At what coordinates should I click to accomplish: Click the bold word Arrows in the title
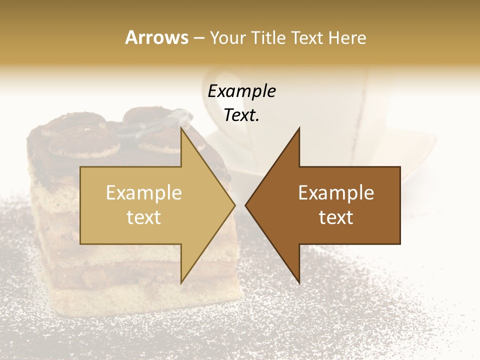[x=156, y=37]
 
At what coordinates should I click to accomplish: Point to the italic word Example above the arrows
[x=241, y=91]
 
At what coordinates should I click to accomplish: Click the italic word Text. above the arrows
[x=241, y=115]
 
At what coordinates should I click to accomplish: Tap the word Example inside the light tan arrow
[x=144, y=193]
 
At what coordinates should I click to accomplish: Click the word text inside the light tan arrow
[x=144, y=217]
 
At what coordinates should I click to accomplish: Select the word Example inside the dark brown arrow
[x=336, y=193]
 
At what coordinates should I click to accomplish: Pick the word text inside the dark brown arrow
[x=336, y=217]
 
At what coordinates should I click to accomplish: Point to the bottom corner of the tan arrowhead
[x=181, y=283]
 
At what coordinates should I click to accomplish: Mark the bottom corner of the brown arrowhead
[x=299, y=283]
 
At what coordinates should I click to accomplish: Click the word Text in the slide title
[x=307, y=37]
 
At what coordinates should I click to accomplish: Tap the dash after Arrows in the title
[x=198, y=38]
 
